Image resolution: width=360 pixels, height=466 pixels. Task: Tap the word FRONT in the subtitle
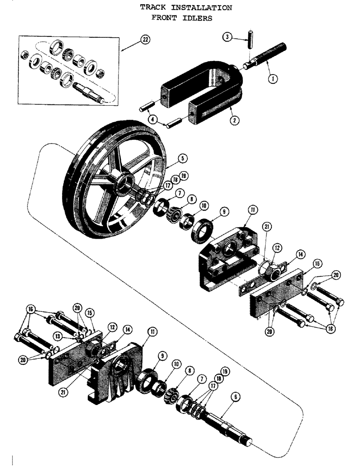(x=163, y=18)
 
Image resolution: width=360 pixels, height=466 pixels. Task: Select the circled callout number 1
(x=274, y=79)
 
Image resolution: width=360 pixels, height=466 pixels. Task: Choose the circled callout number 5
(x=183, y=158)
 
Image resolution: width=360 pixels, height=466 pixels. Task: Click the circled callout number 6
(x=236, y=397)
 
